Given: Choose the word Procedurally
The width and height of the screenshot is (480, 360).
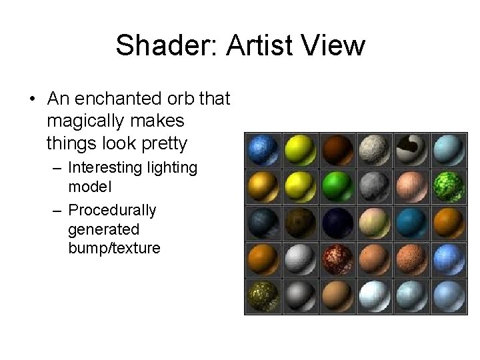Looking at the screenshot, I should [x=112, y=210].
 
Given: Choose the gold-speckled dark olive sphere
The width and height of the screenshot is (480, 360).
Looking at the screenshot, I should [x=261, y=295].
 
